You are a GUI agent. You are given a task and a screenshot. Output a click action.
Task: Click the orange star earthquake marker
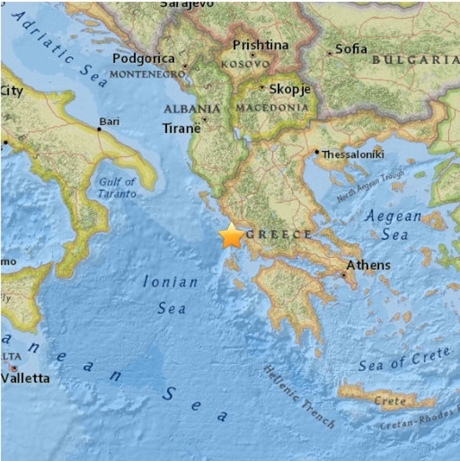point(231,236)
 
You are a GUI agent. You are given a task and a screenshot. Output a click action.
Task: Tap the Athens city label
point(368,265)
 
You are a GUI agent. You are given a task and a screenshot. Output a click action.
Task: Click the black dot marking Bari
point(99,129)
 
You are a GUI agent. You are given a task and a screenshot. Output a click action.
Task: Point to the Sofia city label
point(351,49)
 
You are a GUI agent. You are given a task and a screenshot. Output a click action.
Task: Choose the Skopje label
point(290,89)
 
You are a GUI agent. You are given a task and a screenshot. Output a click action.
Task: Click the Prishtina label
point(261,45)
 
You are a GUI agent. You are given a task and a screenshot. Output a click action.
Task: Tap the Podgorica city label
point(143,59)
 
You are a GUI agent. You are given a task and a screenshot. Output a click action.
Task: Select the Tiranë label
point(181,128)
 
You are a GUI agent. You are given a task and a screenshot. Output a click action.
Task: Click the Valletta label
point(25,378)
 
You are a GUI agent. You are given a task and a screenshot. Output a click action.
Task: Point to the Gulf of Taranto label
point(117,188)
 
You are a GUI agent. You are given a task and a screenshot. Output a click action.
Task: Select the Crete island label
point(390,401)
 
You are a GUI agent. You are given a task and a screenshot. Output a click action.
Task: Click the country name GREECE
point(279,234)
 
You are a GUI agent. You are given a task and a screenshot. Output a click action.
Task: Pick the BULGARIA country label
point(415,60)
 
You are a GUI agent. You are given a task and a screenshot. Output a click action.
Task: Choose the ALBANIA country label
point(192,109)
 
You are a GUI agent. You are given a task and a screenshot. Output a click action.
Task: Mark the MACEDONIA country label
point(272,108)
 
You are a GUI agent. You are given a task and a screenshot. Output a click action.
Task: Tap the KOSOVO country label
point(245,64)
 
